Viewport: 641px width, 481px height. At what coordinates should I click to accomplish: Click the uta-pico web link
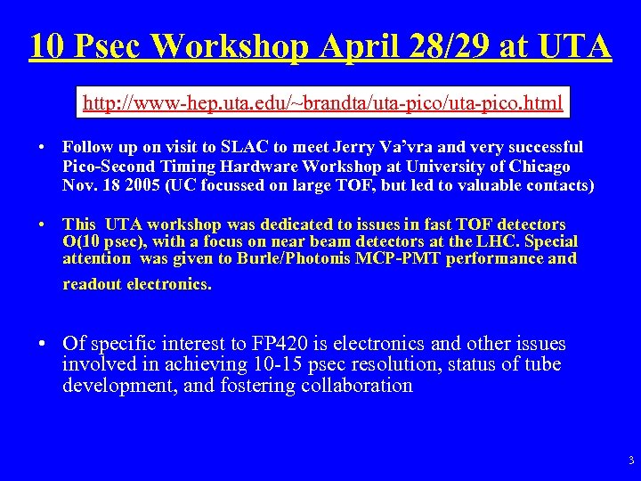[322, 103]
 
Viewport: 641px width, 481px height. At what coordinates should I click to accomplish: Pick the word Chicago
[539, 167]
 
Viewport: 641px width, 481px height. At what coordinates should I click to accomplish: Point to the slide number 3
[630, 461]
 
